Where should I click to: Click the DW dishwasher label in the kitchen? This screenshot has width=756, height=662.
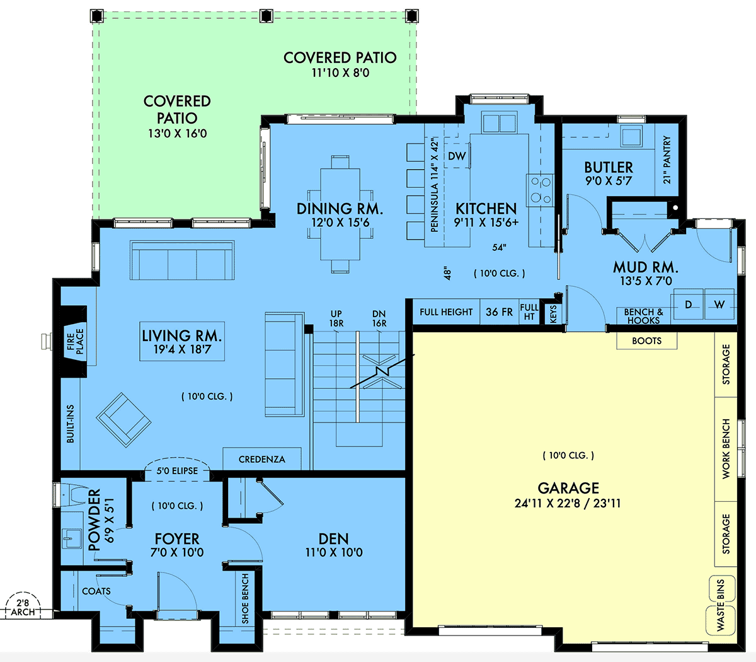click(x=457, y=156)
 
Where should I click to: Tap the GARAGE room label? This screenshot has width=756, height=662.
click(x=568, y=488)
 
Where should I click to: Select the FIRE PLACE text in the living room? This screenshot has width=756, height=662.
click(x=76, y=341)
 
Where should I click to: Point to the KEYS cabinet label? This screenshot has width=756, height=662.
click(x=553, y=314)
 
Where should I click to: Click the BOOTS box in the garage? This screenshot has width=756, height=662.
click(x=646, y=340)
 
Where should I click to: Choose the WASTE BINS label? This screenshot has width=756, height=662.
click(x=721, y=605)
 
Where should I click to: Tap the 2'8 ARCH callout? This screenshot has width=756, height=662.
click(x=23, y=608)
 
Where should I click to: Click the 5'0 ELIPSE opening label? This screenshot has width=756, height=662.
click(x=177, y=471)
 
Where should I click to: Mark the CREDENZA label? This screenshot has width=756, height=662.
click(x=261, y=460)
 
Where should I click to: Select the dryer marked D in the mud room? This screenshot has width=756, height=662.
click(x=689, y=305)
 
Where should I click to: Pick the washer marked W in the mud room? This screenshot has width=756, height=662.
click(x=719, y=305)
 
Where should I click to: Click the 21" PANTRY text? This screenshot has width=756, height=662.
click(x=667, y=160)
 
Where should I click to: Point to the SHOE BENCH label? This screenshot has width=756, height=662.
click(x=245, y=599)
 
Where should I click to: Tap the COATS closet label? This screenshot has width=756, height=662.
click(x=96, y=591)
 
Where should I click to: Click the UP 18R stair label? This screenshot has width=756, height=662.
click(x=336, y=318)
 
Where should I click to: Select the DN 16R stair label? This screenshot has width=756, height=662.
click(x=379, y=318)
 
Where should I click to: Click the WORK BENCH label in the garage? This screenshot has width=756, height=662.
click(x=726, y=449)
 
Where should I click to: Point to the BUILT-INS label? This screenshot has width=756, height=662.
click(x=70, y=424)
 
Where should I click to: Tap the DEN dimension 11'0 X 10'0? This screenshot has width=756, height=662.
click(x=334, y=552)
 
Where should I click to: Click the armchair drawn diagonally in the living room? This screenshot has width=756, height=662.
click(x=123, y=420)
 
